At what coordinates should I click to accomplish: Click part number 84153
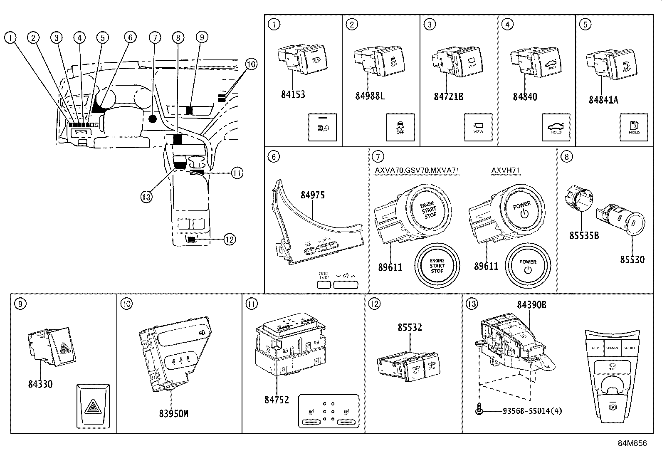click(x=293, y=94)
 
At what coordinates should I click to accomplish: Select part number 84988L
click(x=370, y=96)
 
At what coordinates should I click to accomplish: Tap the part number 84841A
click(x=603, y=100)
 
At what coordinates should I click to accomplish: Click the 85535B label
click(x=584, y=235)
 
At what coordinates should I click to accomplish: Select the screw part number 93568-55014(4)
click(x=532, y=411)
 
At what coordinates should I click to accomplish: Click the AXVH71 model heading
click(x=505, y=170)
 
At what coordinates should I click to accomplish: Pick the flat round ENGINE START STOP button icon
click(x=437, y=266)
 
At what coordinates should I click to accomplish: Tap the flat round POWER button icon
click(x=528, y=266)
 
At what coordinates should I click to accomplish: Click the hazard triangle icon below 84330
click(x=93, y=406)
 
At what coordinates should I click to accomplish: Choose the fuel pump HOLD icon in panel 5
click(x=634, y=127)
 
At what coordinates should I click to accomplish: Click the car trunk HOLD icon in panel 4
click(x=556, y=127)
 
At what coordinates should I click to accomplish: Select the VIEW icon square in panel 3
click(x=478, y=127)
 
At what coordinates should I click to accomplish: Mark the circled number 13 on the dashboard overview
click(x=146, y=197)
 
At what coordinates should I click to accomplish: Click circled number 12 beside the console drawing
click(x=229, y=239)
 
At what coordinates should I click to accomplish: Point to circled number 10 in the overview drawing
click(x=251, y=64)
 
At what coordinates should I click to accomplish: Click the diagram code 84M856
click(x=633, y=443)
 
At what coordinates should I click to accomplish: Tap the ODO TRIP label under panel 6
click(x=324, y=276)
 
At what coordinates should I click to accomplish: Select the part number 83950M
click(x=173, y=414)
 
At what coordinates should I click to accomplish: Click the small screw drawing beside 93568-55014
click(x=478, y=410)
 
